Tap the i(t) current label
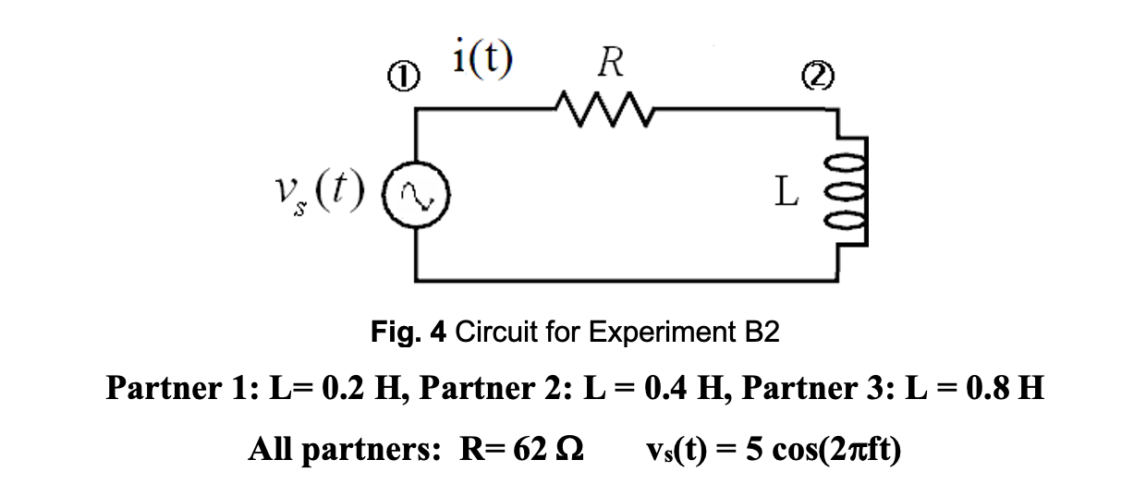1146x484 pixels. coord(484,58)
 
